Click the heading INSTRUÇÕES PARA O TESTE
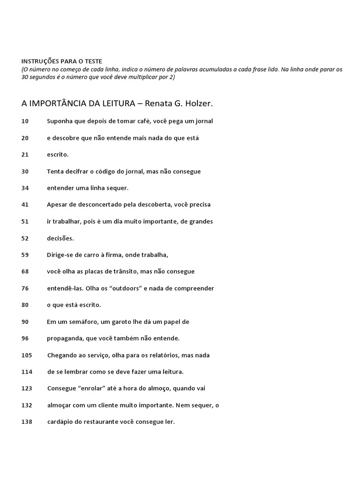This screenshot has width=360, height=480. tap(61, 61)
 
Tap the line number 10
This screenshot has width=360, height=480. tap(25, 121)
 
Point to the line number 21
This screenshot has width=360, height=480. tap(25, 154)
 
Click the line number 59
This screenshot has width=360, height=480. tap(25, 255)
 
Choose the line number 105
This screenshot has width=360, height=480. tap(27, 355)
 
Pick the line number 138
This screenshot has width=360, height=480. tap(27, 421)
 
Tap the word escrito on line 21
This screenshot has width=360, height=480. tap(57, 154)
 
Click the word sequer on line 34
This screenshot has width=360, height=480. tap(118, 188)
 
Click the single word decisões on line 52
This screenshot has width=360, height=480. tap(60, 238)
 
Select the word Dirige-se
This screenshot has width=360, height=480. tap(60, 255)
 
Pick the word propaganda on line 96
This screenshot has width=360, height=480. tap(65, 338)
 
